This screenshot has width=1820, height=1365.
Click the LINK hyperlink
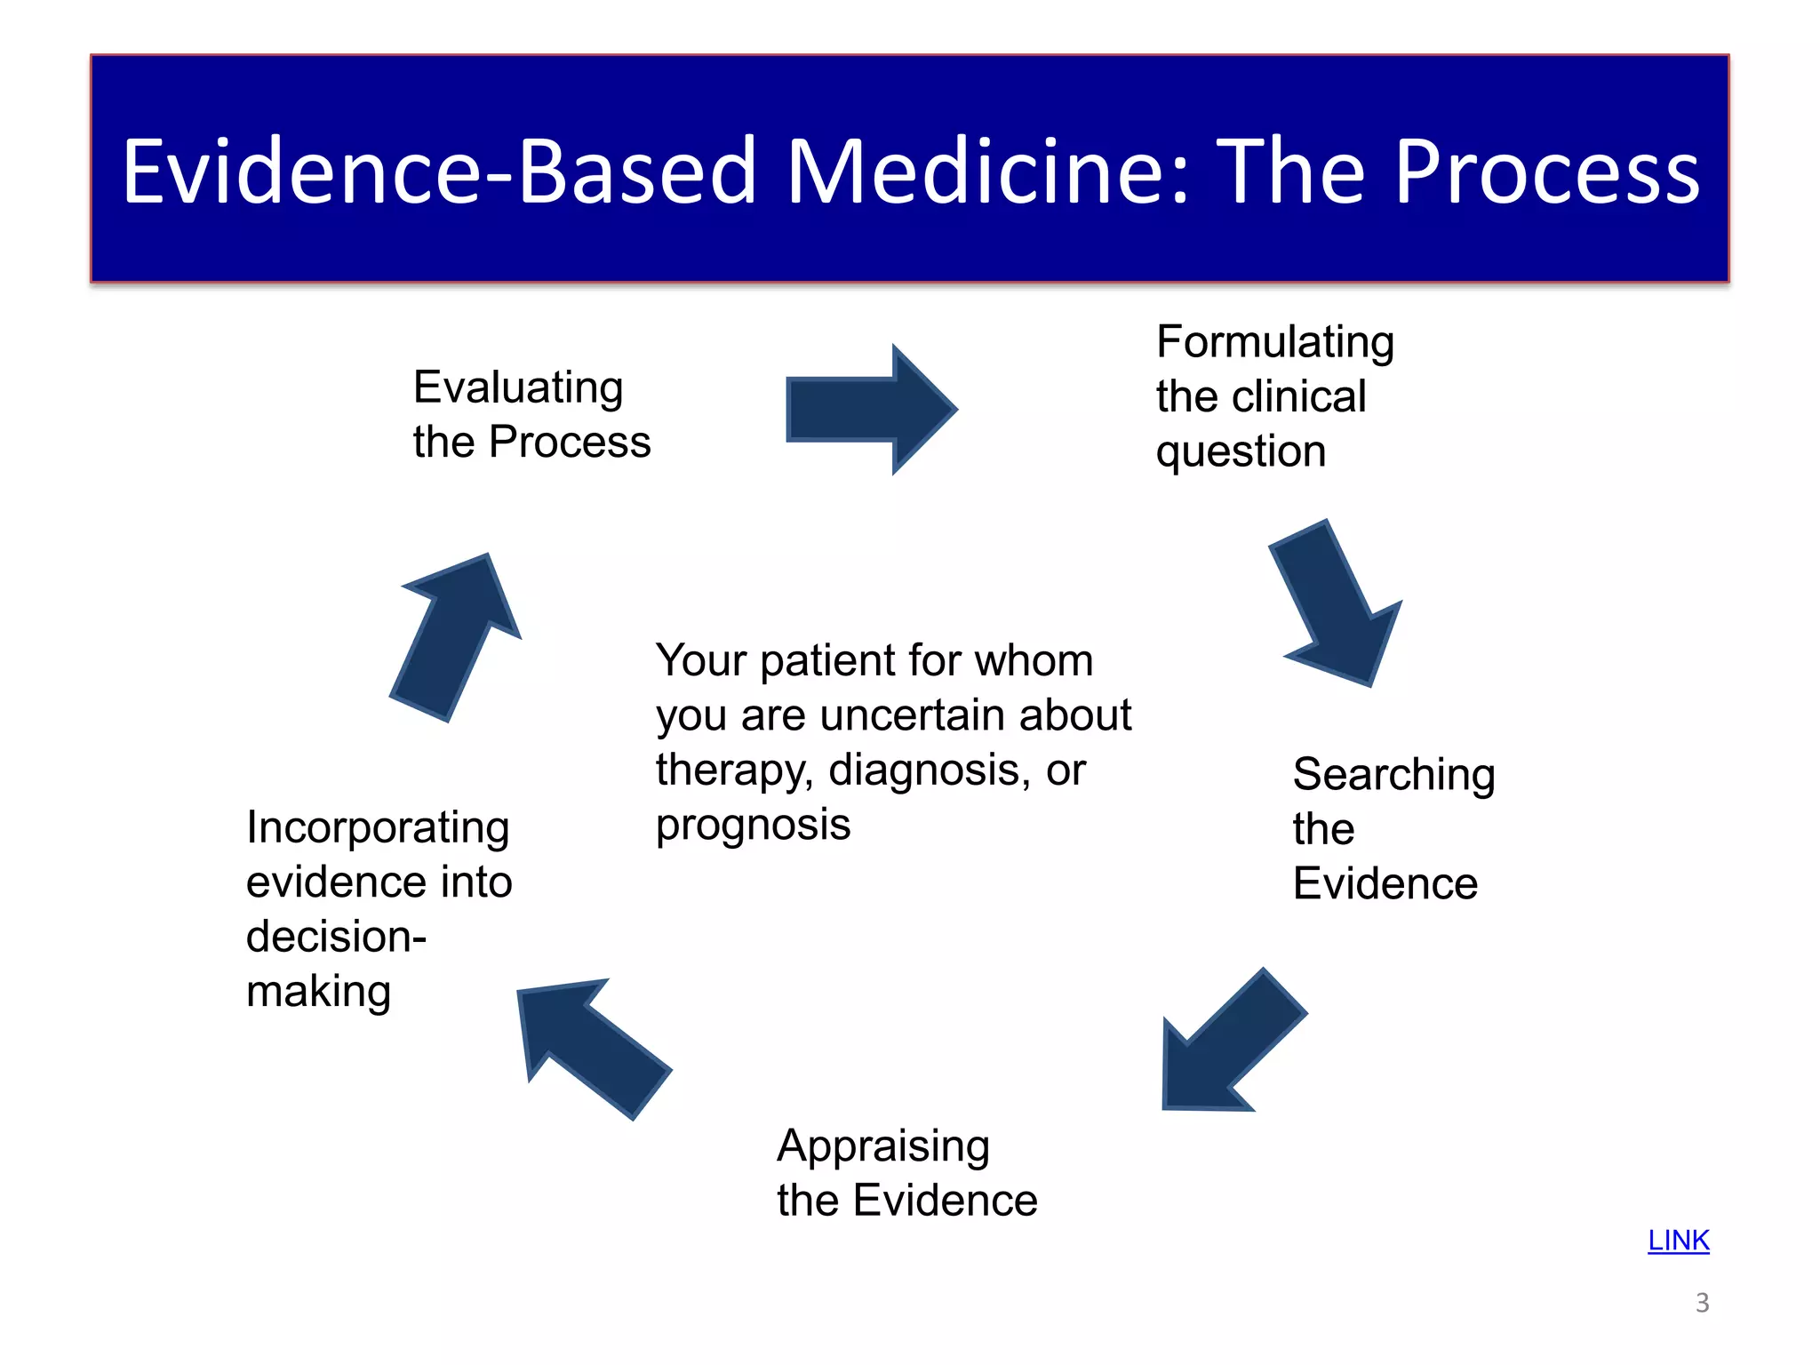pos(1678,1240)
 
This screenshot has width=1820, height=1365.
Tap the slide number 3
pos(1702,1303)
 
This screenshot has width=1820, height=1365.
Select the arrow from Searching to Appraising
pos(1230,1044)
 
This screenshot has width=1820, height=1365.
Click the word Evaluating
pos(518,388)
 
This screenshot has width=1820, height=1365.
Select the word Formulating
pos(1274,342)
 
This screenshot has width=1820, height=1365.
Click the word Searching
pos(1393,774)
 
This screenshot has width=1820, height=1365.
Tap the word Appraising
pos(882,1145)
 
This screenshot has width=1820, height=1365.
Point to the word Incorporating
pos(378,827)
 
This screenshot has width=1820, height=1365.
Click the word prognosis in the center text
pos(753,825)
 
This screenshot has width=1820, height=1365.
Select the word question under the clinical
pos(1241,452)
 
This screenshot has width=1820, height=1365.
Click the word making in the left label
pos(318,991)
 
